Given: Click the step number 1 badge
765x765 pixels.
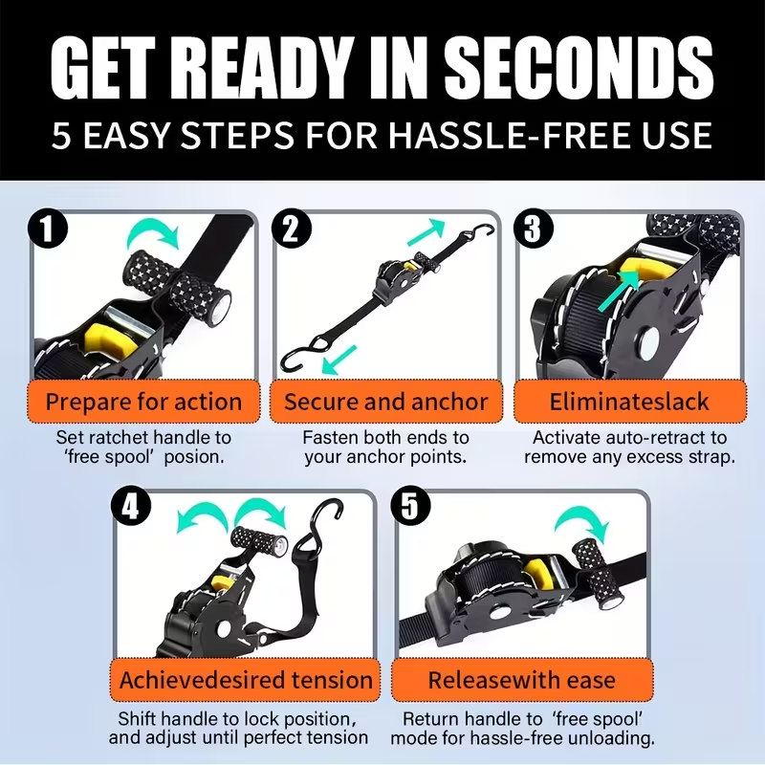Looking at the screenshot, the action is tap(47, 229).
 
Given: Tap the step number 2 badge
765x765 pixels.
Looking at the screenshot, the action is tap(292, 229).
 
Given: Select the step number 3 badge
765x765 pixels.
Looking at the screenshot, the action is tap(534, 229).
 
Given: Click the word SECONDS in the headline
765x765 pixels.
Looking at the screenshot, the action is tap(579, 68).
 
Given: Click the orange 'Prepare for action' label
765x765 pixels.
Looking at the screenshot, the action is tap(143, 402).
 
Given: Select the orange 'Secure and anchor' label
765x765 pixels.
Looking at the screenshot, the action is tap(386, 402).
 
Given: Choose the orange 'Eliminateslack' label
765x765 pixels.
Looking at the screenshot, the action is tap(629, 402).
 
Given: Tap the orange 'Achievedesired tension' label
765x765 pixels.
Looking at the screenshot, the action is tap(246, 680).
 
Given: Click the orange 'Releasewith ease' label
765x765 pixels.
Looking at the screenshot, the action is tap(522, 680).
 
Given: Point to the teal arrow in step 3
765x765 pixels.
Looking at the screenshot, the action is tap(618, 292).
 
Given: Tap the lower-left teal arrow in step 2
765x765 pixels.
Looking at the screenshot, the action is tap(339, 361).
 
